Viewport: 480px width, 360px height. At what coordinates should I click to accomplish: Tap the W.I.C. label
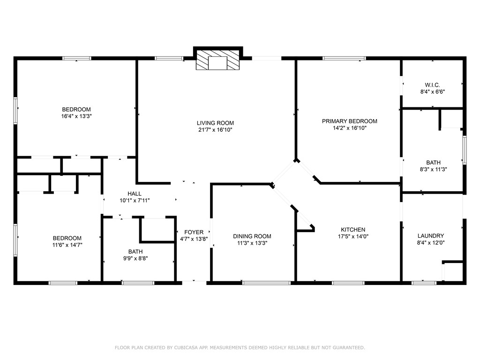[432, 85]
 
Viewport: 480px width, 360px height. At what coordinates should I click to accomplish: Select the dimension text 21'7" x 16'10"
[215, 130]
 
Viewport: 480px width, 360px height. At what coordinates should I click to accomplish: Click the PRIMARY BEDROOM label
[349, 121]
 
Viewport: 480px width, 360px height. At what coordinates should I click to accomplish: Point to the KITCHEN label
[353, 230]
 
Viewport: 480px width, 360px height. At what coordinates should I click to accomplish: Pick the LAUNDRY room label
[431, 236]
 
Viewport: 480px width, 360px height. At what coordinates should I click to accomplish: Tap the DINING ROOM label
[252, 236]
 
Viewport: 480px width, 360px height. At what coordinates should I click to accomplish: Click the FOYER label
[194, 232]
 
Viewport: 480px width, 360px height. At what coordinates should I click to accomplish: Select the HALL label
[135, 194]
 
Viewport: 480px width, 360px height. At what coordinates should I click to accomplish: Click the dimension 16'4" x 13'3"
[76, 116]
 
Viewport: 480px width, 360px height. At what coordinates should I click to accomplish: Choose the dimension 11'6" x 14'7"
[67, 245]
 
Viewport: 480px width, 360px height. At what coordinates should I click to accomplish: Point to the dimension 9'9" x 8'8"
[135, 258]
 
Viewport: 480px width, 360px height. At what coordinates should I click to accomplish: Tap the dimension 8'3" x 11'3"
[433, 169]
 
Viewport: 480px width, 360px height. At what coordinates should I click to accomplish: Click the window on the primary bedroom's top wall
[344, 58]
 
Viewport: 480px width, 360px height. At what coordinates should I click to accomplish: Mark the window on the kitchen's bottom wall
[348, 283]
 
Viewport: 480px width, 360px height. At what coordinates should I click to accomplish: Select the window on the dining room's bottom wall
[266, 283]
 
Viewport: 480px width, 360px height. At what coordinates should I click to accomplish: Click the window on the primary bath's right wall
[465, 150]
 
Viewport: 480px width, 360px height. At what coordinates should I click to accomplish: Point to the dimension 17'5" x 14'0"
[353, 236]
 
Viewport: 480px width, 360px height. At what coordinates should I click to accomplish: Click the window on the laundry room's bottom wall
[424, 283]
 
